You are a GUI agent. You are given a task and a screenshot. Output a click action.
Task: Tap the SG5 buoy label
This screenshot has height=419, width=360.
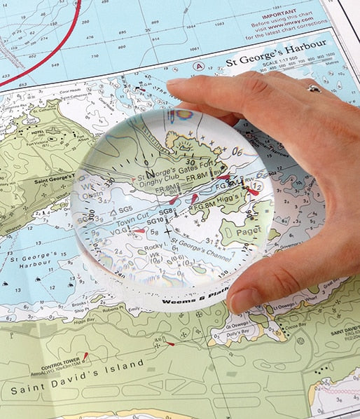(124, 209)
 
